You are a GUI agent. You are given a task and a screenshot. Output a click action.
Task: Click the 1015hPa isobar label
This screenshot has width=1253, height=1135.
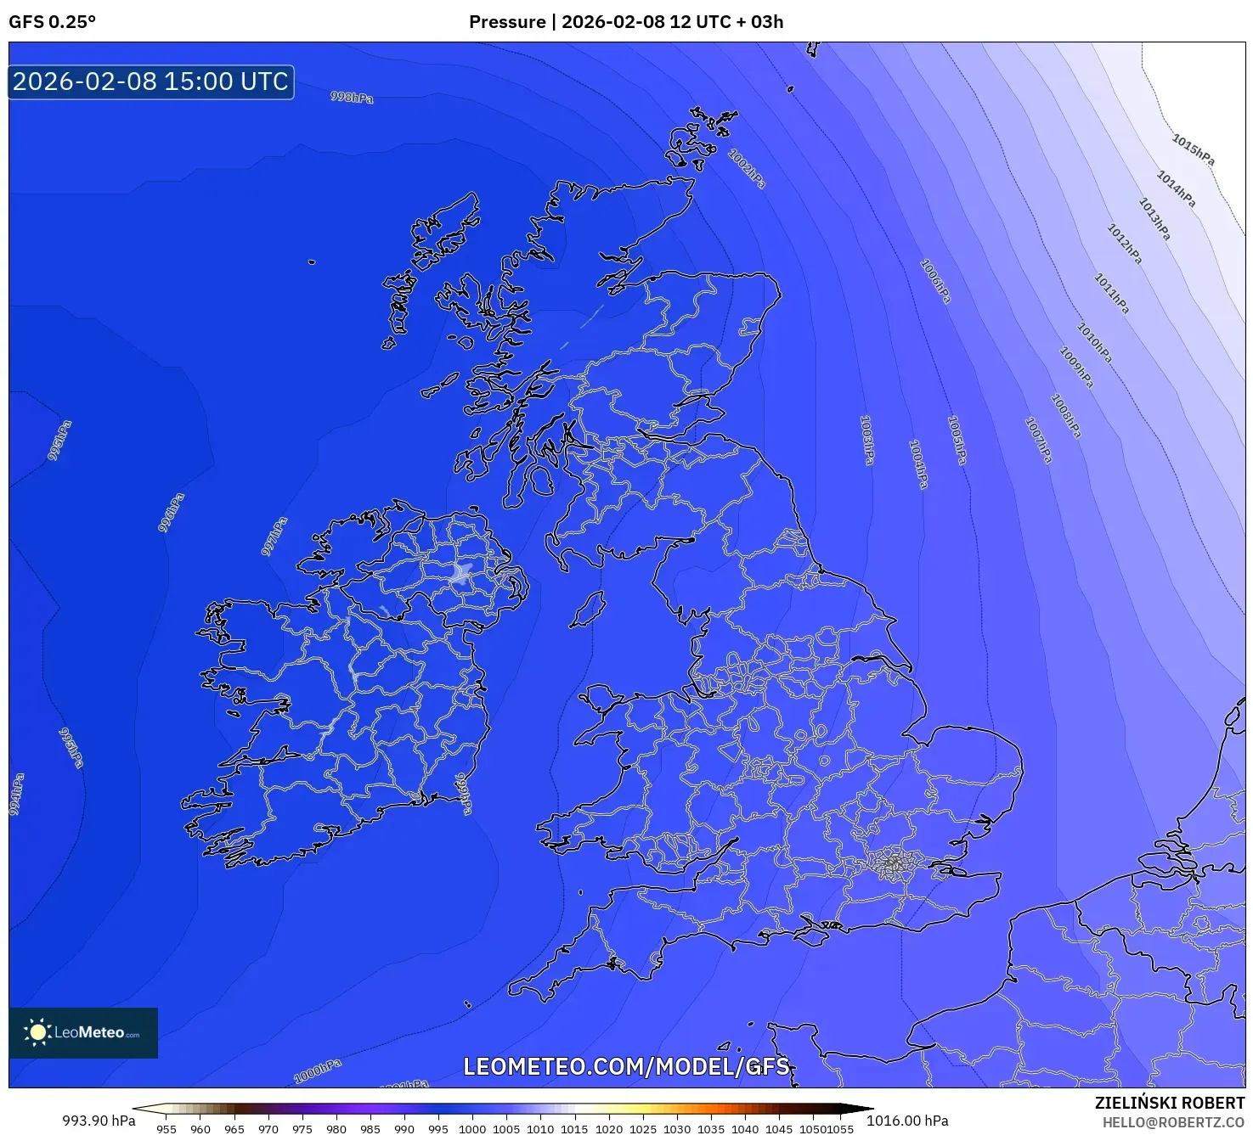[1193, 149]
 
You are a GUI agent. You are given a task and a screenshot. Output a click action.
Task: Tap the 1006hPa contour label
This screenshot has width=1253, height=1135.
[935, 281]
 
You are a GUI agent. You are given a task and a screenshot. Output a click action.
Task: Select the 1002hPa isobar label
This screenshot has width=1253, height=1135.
[747, 168]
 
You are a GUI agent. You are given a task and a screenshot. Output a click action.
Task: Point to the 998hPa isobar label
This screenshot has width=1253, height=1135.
[352, 98]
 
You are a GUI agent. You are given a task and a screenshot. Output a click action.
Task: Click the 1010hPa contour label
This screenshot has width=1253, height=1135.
[1094, 342]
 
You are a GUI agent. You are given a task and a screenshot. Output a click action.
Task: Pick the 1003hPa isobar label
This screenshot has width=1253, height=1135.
[867, 439]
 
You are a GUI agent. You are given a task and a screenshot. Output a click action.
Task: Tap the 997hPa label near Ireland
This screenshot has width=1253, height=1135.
[274, 537]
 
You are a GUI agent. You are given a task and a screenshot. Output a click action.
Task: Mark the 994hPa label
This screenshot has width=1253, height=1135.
[17, 795]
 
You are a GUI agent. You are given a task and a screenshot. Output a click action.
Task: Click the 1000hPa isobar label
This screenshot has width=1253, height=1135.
[318, 1071]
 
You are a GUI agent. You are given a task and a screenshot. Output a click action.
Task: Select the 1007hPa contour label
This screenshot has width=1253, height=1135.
[1038, 440]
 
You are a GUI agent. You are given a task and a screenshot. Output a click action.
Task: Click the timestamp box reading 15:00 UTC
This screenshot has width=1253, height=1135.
[151, 81]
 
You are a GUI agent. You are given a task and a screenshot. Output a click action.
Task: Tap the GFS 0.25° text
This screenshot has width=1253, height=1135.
[52, 22]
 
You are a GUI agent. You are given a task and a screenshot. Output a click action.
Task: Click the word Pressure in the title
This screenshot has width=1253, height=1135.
[507, 22]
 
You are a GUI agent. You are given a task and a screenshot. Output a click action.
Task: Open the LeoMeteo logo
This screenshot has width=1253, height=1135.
[83, 1032]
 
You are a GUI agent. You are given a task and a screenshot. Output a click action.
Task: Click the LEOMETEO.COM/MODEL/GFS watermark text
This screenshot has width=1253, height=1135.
[626, 1066]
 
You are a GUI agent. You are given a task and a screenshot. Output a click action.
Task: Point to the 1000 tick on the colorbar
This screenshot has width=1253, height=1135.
[472, 1129]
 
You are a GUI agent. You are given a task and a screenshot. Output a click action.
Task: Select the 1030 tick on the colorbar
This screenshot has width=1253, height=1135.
[676, 1129]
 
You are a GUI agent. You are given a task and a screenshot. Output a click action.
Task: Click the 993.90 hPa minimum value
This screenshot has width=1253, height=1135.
[99, 1121]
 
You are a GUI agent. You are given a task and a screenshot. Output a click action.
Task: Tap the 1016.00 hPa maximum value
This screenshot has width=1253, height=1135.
[907, 1121]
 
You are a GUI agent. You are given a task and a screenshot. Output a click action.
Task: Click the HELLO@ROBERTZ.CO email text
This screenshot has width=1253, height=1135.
[1173, 1122]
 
